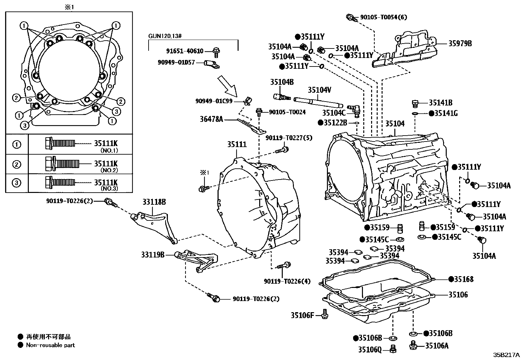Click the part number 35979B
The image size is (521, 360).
[x=460, y=44]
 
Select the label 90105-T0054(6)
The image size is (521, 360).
[x=384, y=17]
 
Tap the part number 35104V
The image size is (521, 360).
[x=319, y=90]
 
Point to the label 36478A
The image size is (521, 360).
[x=211, y=119]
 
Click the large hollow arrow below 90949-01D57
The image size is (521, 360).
[x=227, y=86]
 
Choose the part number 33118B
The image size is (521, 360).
[x=154, y=202]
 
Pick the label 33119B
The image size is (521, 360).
[x=153, y=255]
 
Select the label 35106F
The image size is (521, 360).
[x=302, y=315]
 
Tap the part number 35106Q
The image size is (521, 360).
[x=370, y=350]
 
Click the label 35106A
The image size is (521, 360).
[x=437, y=346]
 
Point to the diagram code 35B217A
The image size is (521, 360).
[x=506, y=355]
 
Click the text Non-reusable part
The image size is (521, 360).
[x=50, y=345]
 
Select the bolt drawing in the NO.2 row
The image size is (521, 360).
[x=62, y=164]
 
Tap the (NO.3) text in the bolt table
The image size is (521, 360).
[x=109, y=188]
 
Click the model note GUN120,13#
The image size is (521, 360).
[x=165, y=36]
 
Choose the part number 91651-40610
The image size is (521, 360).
[x=185, y=51]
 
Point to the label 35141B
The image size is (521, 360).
[x=440, y=103]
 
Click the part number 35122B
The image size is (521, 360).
[x=335, y=123]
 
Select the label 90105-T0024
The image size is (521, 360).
[x=287, y=112]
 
